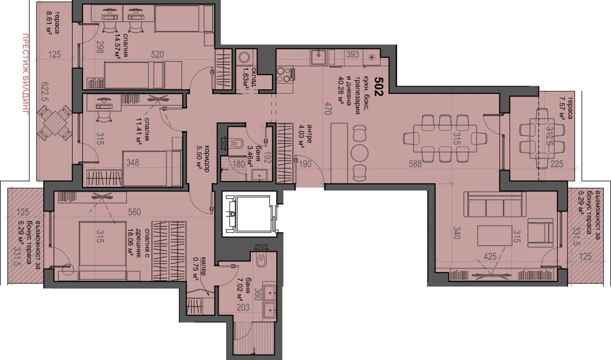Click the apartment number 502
(379, 86)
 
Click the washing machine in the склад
(244, 58)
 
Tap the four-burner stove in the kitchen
(285, 74)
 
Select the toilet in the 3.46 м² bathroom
(236, 143)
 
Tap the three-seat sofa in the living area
(495, 205)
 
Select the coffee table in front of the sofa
(495, 236)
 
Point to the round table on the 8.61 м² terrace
(55, 123)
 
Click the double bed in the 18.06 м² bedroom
(103, 251)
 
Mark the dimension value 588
(415, 164)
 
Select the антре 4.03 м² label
(305, 136)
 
